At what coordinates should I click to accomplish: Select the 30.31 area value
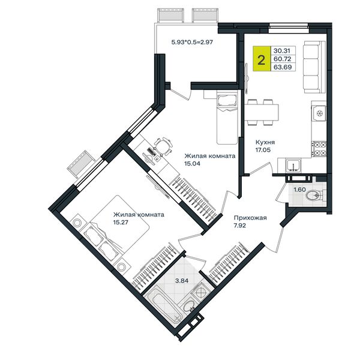tap(282, 50)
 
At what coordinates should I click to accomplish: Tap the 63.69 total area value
tap(283, 67)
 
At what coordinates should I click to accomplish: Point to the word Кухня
tap(265, 142)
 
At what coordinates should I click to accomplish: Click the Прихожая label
tap(250, 218)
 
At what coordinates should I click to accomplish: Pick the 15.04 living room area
tap(193, 164)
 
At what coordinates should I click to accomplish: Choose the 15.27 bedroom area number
tap(121, 222)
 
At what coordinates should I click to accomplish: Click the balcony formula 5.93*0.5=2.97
tap(193, 42)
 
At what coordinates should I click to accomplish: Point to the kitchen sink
tap(293, 166)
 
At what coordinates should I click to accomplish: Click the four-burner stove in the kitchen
tap(319, 149)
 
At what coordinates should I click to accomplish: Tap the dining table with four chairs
tap(262, 112)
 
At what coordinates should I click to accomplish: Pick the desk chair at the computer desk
tap(163, 146)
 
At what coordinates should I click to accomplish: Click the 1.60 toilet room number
tap(300, 190)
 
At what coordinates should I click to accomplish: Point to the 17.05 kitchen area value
tap(263, 150)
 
